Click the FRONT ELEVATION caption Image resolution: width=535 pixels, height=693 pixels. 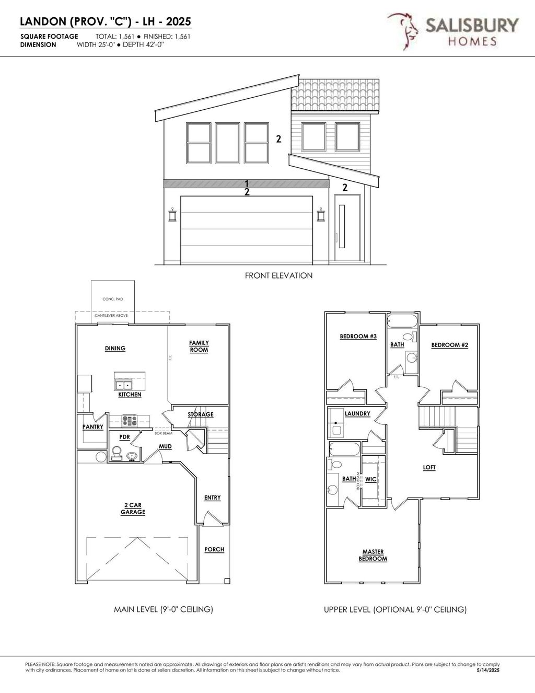point(278,275)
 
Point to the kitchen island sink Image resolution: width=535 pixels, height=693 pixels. point(123,385)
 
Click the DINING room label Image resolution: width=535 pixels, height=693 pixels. point(115,349)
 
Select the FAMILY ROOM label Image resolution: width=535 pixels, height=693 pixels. point(199,346)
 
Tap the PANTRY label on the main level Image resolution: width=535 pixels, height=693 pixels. point(93,427)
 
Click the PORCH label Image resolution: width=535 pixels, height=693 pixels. point(214,549)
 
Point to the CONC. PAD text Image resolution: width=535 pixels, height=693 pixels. point(113,299)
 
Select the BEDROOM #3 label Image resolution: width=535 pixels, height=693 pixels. point(358,337)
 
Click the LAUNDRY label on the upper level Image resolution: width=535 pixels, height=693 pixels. point(357,414)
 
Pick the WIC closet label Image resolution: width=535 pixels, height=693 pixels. point(370,479)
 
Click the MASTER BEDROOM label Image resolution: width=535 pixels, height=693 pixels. point(373,555)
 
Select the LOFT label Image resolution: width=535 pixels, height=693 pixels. point(429,468)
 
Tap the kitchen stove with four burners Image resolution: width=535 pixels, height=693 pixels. point(129,419)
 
